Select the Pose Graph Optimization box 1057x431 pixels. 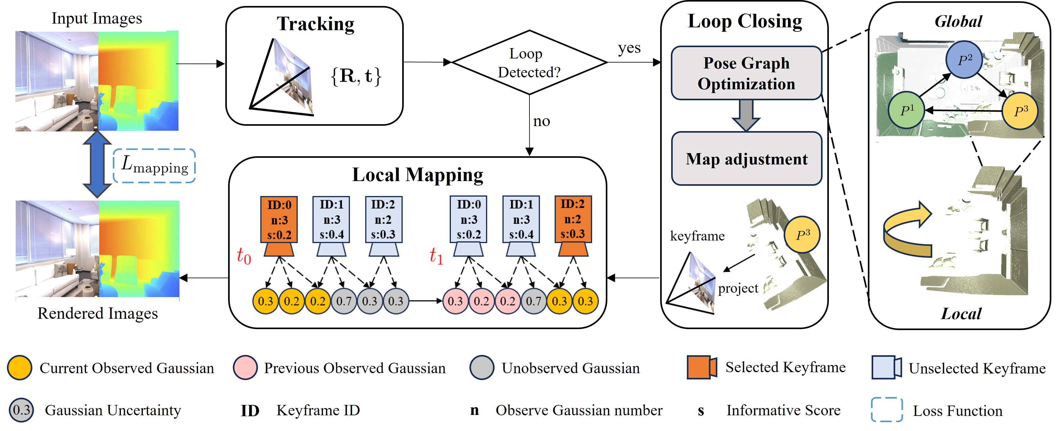tap(746, 73)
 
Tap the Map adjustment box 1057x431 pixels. tap(746, 159)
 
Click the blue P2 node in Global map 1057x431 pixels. tap(964, 59)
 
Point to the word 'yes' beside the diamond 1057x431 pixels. tap(629, 48)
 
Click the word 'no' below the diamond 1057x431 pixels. tap(541, 121)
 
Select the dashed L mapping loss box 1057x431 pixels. tap(154, 166)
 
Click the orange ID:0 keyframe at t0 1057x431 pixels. tap(279, 220)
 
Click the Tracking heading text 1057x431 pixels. tap(315, 24)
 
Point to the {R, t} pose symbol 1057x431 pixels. tap(356, 76)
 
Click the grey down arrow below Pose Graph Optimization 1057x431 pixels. tap(746, 115)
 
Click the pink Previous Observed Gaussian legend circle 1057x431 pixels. tap(245, 367)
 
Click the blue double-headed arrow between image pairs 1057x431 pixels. tap(97, 164)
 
